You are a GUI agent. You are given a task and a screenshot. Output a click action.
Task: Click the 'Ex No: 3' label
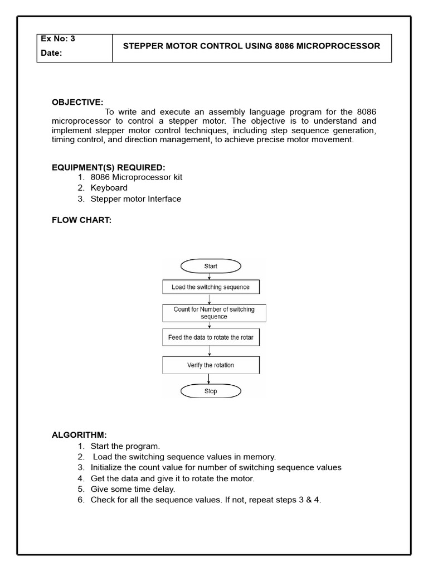pyautogui.click(x=58, y=39)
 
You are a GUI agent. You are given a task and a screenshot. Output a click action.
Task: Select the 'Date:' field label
pyautogui.click(x=51, y=54)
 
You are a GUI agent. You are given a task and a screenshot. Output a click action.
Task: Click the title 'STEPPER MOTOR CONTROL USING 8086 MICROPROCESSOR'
pyautogui.click(x=251, y=46)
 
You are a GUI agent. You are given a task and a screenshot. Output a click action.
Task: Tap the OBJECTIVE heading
pyautogui.click(x=77, y=102)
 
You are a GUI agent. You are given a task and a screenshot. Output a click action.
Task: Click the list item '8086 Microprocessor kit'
pyautogui.click(x=136, y=177)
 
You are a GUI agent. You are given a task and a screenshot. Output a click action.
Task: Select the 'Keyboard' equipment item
pyautogui.click(x=109, y=188)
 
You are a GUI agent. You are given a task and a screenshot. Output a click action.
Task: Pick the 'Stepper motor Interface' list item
pyautogui.click(x=135, y=199)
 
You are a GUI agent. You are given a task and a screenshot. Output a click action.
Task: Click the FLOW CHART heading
pyautogui.click(x=81, y=220)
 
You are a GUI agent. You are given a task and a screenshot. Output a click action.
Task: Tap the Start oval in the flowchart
pyautogui.click(x=211, y=266)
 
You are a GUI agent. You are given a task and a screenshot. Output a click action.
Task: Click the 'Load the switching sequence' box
pyautogui.click(x=211, y=287)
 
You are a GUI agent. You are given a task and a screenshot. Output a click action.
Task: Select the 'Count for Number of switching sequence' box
pyautogui.click(x=214, y=313)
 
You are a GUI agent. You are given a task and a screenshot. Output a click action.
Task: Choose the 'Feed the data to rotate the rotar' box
pyautogui.click(x=211, y=337)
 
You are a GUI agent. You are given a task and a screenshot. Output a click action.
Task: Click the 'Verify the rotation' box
pyautogui.click(x=211, y=365)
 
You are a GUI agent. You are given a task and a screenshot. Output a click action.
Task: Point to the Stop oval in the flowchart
pyautogui.click(x=211, y=391)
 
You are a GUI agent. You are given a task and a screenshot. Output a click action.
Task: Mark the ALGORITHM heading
pyautogui.click(x=79, y=435)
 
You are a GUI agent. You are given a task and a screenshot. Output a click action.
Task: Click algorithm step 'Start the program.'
pyautogui.click(x=125, y=446)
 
